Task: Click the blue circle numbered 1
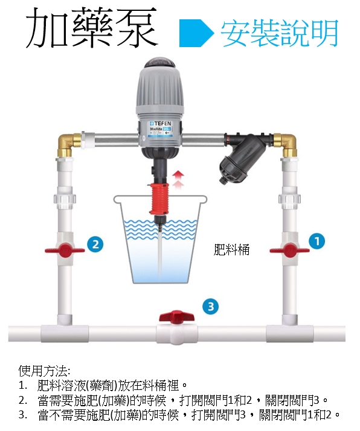pyautogui.click(x=317, y=241)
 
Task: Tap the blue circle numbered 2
pyautogui.click(x=95, y=244)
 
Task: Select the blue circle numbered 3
pyautogui.click(x=210, y=307)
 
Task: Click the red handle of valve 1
pyautogui.click(x=289, y=250)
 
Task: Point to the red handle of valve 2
pyautogui.click(x=65, y=251)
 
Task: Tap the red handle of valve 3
pyautogui.click(x=176, y=317)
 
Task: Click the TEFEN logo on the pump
pyautogui.click(x=161, y=123)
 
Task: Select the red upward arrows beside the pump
pyautogui.click(x=179, y=179)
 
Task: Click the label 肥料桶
pyautogui.click(x=231, y=250)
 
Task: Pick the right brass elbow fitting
pyautogui.click(x=286, y=145)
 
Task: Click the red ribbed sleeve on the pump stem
pyautogui.click(x=158, y=199)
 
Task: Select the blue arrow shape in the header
pyautogui.click(x=196, y=33)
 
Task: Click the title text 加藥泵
pyautogui.click(x=92, y=28)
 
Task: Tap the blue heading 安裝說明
pyautogui.click(x=280, y=33)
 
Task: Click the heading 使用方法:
pyautogui.click(x=44, y=371)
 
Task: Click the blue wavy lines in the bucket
pyautogui.click(x=160, y=229)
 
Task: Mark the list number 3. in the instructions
pyautogui.click(x=23, y=415)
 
